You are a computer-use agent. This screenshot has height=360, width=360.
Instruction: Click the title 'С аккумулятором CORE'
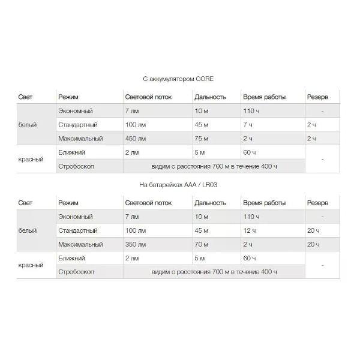click(x=178, y=79)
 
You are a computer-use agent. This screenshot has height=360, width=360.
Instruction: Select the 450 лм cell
click(x=136, y=139)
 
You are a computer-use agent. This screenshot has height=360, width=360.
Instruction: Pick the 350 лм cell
click(x=136, y=245)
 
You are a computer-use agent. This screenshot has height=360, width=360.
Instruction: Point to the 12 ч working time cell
click(x=250, y=231)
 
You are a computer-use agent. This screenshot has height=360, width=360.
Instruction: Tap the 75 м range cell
click(x=202, y=139)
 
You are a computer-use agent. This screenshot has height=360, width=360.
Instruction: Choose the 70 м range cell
click(x=202, y=245)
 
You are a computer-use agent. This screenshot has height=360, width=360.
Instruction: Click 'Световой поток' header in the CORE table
click(x=148, y=97)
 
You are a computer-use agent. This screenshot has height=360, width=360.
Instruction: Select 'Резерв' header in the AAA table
click(x=317, y=203)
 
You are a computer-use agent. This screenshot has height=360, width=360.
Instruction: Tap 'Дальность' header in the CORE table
click(x=210, y=97)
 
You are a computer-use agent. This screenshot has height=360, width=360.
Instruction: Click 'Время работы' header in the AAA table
click(x=264, y=203)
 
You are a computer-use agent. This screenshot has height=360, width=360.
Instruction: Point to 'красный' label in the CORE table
click(x=31, y=160)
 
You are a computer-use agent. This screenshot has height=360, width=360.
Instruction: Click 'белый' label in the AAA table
click(x=28, y=231)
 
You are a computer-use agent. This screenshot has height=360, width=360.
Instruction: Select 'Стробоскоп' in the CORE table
click(x=76, y=166)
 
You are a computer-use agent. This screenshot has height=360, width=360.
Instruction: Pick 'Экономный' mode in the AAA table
click(x=75, y=217)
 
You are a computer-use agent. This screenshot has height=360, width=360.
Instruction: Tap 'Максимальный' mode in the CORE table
click(x=80, y=139)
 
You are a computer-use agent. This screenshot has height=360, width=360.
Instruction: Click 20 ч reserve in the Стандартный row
click(x=313, y=231)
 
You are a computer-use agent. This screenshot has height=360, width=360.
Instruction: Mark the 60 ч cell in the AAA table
click(x=250, y=259)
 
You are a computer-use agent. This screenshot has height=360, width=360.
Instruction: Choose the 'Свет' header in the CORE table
click(x=26, y=97)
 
